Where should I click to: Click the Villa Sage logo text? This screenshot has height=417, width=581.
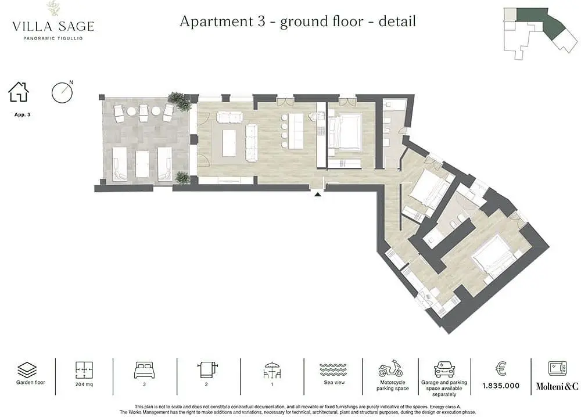tap(53, 26)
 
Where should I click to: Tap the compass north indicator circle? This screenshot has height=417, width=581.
tap(62, 93)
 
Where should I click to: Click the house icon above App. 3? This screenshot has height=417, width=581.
tap(19, 92)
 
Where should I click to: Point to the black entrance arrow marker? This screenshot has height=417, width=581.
tap(318, 193)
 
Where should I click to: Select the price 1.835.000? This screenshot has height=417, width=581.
tap(501, 386)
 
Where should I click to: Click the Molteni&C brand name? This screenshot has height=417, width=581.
tap(557, 386)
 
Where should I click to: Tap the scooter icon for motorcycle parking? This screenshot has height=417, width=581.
tap(390, 368)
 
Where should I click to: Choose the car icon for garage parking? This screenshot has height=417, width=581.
tap(444, 369)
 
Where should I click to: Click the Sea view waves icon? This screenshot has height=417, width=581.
tap(333, 369)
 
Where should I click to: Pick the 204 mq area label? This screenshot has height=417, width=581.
tap(84, 384)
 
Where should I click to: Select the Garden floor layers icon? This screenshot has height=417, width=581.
tap(27, 369)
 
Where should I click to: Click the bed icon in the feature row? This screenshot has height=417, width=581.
tap(144, 369)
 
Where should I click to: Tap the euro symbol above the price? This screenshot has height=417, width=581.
tap(501, 368)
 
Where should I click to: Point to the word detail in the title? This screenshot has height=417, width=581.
tap(397, 21)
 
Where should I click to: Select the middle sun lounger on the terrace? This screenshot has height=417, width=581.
tap(142, 164)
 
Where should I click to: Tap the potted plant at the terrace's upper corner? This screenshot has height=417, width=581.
tap(180, 100)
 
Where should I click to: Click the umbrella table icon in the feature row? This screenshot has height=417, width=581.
tap(272, 369)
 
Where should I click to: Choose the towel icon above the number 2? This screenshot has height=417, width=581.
tap(207, 369)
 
